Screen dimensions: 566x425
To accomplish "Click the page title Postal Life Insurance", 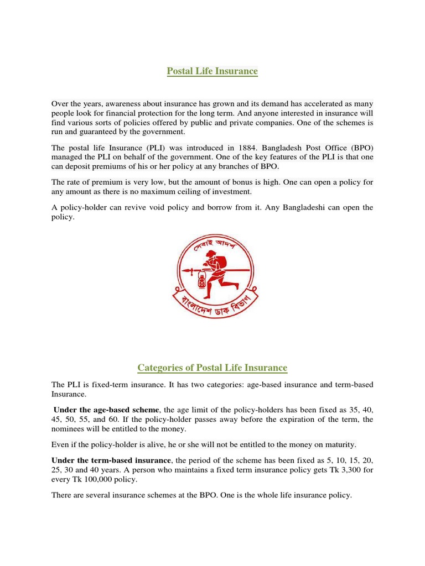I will pyautogui.click(x=212, y=71).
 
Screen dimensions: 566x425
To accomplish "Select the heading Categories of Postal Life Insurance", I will pyautogui.click(x=212, y=368).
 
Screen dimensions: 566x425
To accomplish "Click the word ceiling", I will pyautogui.click(x=186, y=192).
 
